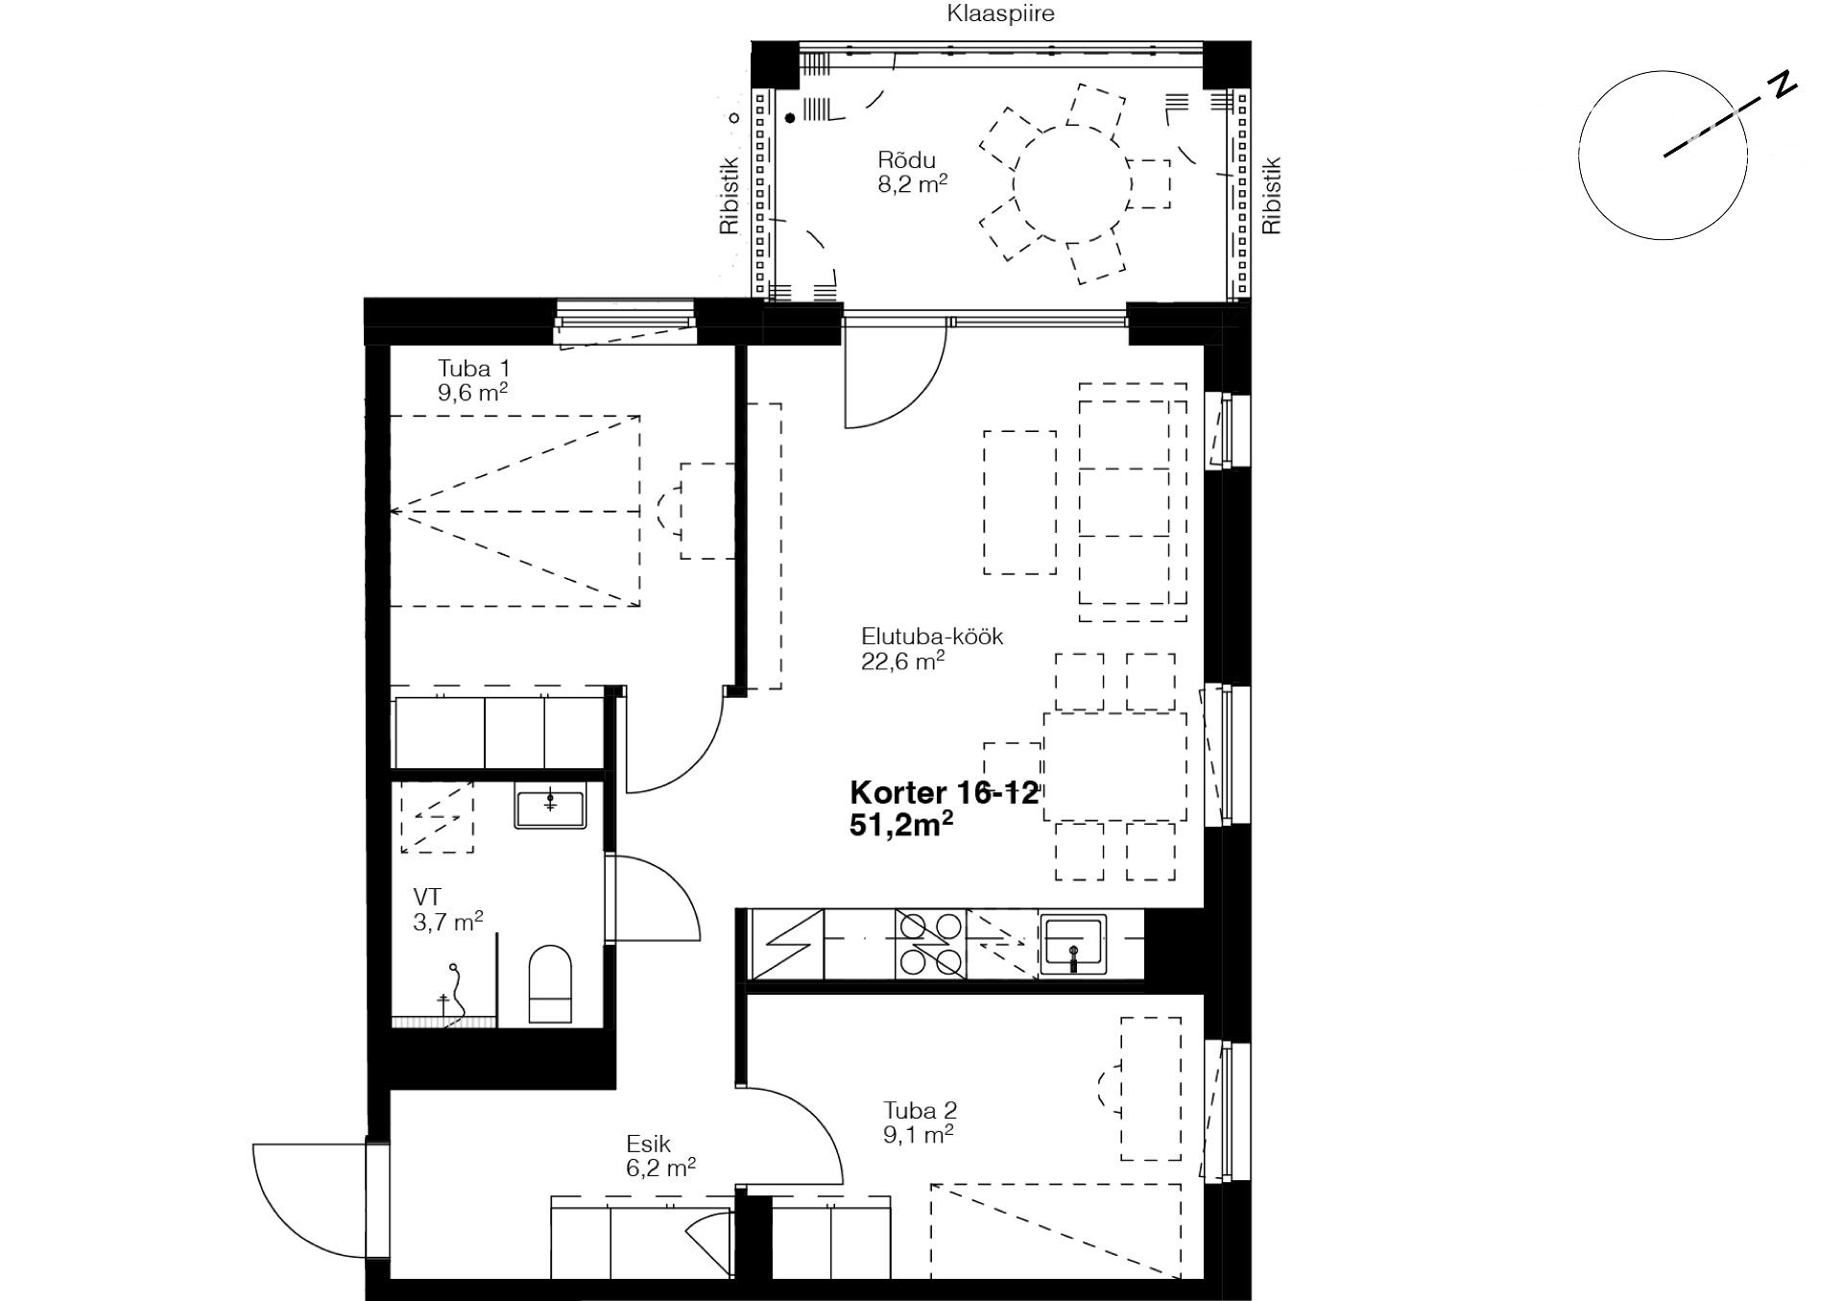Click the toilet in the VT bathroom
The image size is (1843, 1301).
[x=550, y=984]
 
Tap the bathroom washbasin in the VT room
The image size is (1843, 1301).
[x=550, y=807]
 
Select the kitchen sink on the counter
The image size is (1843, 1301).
[x=1073, y=944]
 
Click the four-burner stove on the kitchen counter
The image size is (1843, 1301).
[x=930, y=944]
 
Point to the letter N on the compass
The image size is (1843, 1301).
[x=1783, y=84]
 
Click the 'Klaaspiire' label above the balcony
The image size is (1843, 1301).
[x=1000, y=13]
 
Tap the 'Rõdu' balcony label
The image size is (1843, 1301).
[x=906, y=160]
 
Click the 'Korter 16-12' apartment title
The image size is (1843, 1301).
[x=945, y=793]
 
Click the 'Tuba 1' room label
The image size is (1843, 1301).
[x=474, y=369]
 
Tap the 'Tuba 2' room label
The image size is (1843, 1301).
[x=921, y=1111]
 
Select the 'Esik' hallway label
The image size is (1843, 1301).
[x=649, y=1144]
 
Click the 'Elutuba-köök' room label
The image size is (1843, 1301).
[x=932, y=637]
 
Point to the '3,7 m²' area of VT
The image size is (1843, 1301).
[x=448, y=922]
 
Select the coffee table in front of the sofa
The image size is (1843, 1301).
[x=1019, y=502]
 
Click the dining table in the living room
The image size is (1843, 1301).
[x=1114, y=766]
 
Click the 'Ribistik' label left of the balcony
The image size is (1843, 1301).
[x=730, y=196]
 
